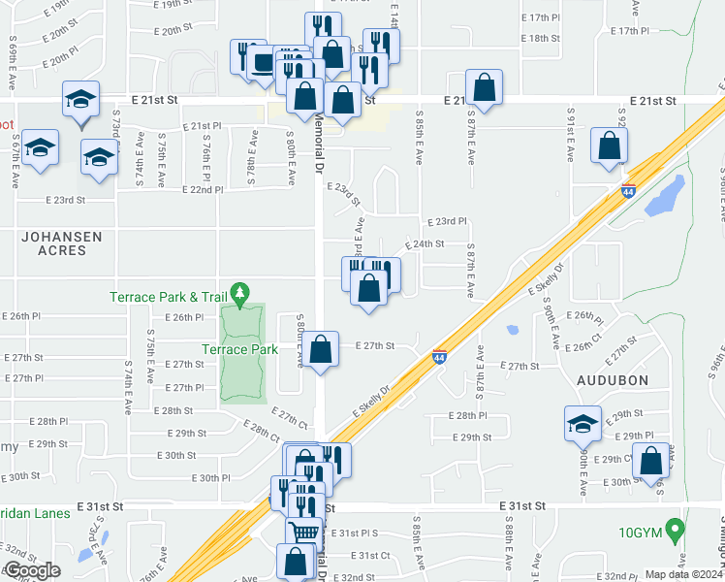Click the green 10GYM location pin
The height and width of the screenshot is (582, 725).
677,530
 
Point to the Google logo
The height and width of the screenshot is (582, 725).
31,570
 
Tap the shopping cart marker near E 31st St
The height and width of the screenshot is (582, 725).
303,532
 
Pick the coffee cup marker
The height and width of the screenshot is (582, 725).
264,62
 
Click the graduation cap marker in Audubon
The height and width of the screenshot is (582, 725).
583,423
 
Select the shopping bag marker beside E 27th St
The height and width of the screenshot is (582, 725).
324,348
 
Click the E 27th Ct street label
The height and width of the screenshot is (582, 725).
289,419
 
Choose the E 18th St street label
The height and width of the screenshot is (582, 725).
541,38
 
